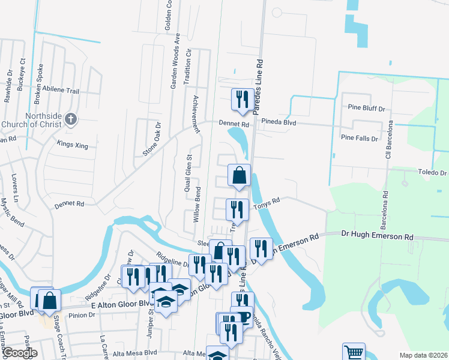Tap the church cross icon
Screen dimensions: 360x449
coord(70,119)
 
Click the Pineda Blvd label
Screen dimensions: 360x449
coord(279,121)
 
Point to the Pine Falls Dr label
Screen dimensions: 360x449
coord(359,138)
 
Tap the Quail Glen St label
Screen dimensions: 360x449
coord(188,173)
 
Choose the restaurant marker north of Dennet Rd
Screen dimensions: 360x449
coord(243,98)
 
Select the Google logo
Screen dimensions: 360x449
coord(19,353)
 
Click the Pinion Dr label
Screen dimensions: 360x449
coord(82,315)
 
